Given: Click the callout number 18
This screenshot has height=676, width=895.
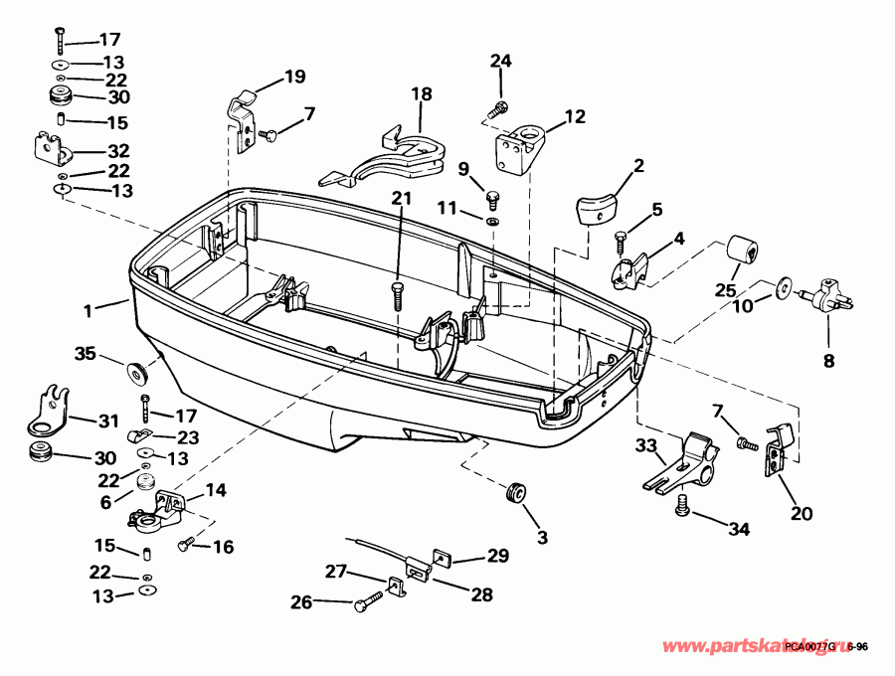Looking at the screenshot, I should click(422, 94).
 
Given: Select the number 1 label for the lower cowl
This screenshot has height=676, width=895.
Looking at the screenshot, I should click(88, 310).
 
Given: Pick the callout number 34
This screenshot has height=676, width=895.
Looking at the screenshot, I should click(738, 530).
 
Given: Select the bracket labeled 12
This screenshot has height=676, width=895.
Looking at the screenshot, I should click(519, 146).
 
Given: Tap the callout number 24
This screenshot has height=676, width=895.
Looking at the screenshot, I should click(500, 62).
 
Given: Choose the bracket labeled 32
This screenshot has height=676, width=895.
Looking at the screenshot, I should click(51, 150).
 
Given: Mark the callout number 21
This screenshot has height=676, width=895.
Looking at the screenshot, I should click(400, 199).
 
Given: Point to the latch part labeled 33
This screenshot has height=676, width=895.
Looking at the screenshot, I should click(685, 463).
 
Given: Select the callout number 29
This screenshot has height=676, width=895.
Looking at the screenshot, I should click(496, 557).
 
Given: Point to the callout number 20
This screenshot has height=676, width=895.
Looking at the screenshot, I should click(802, 513).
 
